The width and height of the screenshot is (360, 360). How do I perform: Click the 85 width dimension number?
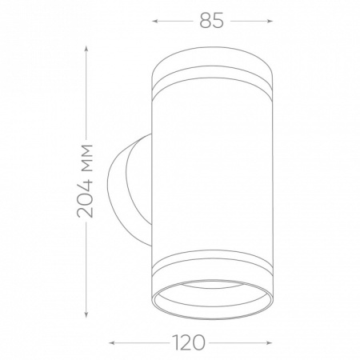[211, 21]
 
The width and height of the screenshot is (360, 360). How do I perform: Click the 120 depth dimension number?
[189, 342]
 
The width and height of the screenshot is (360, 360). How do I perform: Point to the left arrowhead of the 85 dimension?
[154, 21]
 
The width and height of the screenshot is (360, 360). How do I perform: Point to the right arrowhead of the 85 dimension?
[270, 21]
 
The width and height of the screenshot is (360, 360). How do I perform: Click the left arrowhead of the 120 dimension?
[112, 342]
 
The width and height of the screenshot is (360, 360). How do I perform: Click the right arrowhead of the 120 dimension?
[269, 342]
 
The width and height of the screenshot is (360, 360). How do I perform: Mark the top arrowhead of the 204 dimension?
[86, 49]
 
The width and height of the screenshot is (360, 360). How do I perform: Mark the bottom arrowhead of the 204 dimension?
[86, 314]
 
